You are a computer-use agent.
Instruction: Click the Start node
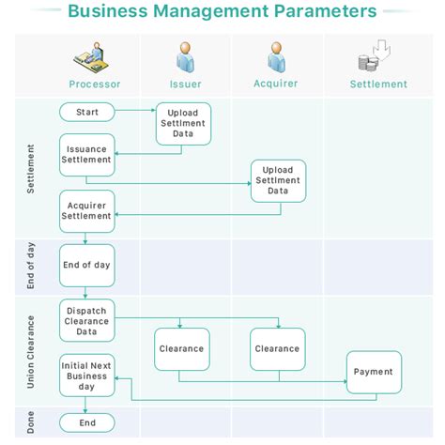pos(86,113)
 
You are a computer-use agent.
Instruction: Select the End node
pos(86,423)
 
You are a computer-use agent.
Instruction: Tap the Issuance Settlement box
pos(86,155)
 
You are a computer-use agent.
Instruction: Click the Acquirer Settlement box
pos(86,211)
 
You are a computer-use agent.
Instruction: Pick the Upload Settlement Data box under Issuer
pos(183,124)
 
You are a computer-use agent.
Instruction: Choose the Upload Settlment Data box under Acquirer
pos(278,181)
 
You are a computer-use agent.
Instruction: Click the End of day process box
pos(86,266)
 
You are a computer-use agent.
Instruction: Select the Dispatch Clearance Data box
pos(86,321)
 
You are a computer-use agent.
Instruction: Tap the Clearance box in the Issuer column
pos(182,349)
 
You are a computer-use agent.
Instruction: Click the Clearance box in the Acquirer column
pos(278,349)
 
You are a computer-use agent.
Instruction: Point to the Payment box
pos(374,372)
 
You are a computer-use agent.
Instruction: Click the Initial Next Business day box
pos(86,375)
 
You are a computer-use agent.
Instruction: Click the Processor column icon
pos(94,58)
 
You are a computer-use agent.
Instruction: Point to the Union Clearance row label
pos(30,352)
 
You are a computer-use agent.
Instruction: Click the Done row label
pos(30,423)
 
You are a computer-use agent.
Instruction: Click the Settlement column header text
pos(378,84)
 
